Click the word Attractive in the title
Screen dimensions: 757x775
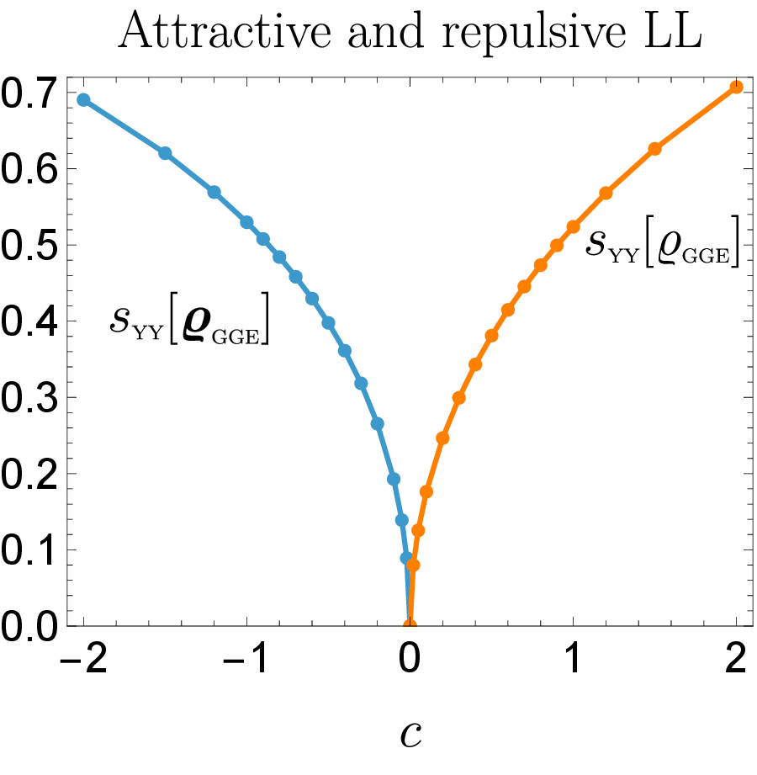(x=225, y=30)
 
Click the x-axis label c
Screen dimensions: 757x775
(x=410, y=735)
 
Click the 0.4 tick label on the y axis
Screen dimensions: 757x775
(x=29, y=321)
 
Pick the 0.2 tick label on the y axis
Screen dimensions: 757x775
(x=29, y=474)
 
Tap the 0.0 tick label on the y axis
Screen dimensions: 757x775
(x=29, y=626)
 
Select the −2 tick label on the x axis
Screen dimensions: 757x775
(x=83, y=658)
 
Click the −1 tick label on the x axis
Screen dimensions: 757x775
(x=246, y=658)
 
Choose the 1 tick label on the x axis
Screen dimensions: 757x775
(x=573, y=658)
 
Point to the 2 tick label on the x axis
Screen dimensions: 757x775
(x=736, y=658)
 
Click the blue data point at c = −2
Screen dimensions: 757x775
(x=83, y=100)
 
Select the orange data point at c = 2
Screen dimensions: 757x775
(x=736, y=88)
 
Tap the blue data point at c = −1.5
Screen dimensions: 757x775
(x=165, y=153)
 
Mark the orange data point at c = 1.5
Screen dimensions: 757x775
(x=654, y=149)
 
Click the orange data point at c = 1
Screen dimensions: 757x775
(x=573, y=227)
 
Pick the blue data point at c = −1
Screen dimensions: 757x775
(x=246, y=222)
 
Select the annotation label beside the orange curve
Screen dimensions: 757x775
(x=663, y=242)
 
